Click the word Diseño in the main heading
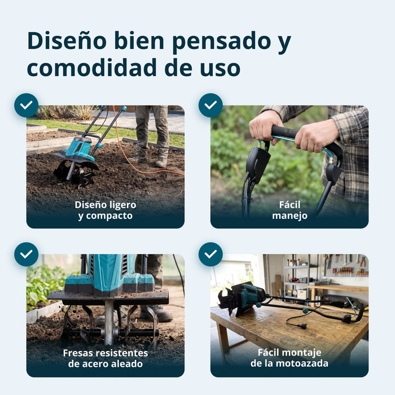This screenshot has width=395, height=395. (67, 41)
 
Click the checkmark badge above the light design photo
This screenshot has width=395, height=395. (26, 106)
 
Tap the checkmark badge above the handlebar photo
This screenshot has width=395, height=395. (210, 106)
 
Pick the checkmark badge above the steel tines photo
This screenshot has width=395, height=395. (26, 254)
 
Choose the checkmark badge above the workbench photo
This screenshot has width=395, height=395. (210, 254)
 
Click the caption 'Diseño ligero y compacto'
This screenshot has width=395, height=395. (106, 210)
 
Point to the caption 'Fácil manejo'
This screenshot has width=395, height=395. (289, 210)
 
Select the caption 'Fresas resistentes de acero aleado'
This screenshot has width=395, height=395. (106, 358)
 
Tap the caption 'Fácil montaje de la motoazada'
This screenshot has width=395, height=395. (289, 358)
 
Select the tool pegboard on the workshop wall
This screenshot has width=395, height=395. (346, 265)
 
